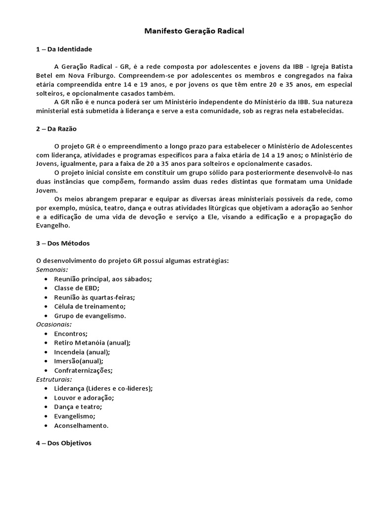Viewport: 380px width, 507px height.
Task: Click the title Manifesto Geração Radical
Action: click(194, 31)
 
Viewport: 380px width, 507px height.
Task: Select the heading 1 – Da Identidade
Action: click(64, 50)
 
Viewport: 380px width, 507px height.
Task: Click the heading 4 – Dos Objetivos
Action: click(64, 444)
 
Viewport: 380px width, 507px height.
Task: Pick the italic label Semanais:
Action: click(52, 270)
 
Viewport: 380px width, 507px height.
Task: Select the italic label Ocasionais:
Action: click(54, 324)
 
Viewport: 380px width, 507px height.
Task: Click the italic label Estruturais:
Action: click(54, 379)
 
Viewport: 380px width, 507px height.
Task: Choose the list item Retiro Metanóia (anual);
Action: click(92, 343)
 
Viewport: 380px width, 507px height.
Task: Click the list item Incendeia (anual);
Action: click(82, 352)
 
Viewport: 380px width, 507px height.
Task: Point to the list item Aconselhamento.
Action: click(81, 425)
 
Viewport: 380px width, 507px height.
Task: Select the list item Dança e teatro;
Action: click(78, 407)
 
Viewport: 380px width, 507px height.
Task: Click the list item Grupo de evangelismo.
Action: click(90, 315)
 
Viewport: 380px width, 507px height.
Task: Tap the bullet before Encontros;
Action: click(46, 334)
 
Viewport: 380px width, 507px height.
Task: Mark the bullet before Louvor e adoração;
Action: click(46, 398)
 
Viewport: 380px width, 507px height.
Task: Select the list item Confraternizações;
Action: click(83, 370)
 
